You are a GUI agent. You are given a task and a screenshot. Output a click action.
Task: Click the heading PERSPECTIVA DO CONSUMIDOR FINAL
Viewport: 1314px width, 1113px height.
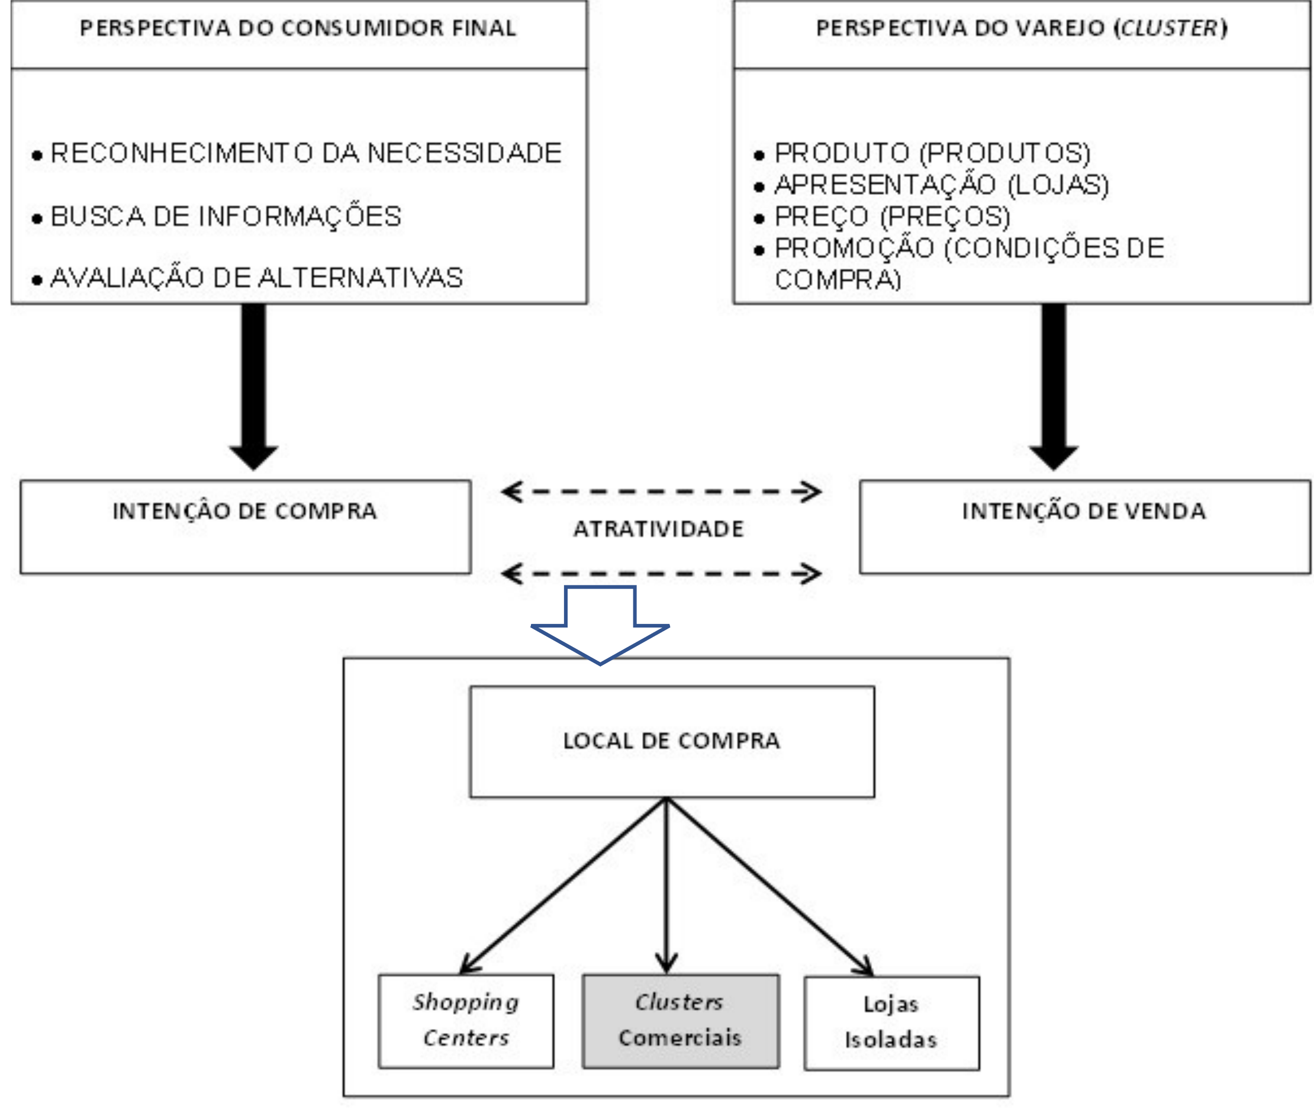(298, 28)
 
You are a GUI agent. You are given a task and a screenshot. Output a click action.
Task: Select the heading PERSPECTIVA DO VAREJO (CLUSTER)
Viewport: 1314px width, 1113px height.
(1020, 28)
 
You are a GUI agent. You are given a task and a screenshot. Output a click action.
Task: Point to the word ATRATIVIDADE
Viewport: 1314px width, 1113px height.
(659, 529)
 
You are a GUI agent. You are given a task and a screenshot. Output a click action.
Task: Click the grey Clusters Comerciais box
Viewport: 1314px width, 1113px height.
(681, 1021)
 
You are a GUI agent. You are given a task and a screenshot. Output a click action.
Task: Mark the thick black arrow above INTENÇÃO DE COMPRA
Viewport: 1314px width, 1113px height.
(253, 387)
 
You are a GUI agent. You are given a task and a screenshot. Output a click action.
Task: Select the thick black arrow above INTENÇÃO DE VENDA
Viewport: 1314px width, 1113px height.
(1054, 387)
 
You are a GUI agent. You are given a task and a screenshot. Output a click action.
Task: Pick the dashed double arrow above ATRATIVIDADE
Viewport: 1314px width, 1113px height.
(661, 491)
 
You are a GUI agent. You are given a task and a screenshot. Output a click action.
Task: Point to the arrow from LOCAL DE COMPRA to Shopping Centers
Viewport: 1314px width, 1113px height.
(563, 886)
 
